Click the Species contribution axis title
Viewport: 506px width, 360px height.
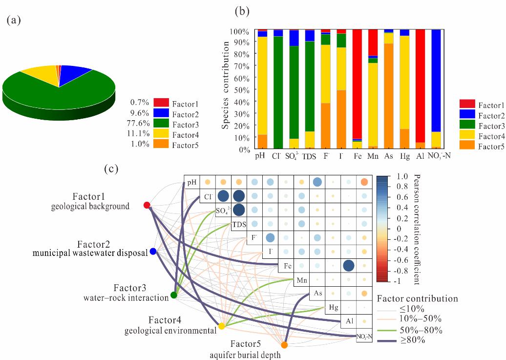click(226, 85)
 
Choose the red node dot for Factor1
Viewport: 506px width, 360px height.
click(147, 205)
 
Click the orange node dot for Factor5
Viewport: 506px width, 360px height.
click(284, 345)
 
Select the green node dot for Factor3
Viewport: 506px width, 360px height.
click(174, 295)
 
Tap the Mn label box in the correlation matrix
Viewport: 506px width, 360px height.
click(301, 280)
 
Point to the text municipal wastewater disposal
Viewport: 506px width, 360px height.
click(90, 253)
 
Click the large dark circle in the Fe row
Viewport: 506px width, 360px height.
click(348, 266)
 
